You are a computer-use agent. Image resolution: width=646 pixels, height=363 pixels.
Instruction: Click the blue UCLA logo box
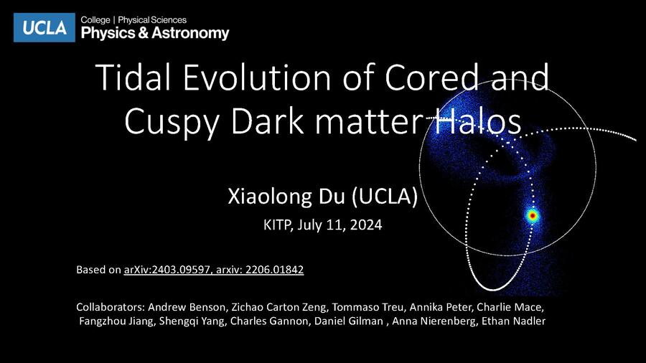[44, 27]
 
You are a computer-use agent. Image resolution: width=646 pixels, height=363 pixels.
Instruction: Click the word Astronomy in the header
[190, 33]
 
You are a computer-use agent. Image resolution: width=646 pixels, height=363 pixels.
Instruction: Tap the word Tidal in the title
[133, 77]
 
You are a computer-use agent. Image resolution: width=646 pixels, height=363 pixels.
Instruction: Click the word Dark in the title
[266, 121]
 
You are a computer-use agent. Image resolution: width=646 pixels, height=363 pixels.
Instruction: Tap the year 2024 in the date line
[366, 225]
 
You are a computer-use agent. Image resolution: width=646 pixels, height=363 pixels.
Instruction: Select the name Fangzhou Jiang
[116, 321]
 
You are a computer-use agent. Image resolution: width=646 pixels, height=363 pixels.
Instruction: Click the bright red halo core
[533, 214]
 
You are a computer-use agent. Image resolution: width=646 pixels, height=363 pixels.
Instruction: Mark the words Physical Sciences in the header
[152, 20]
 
